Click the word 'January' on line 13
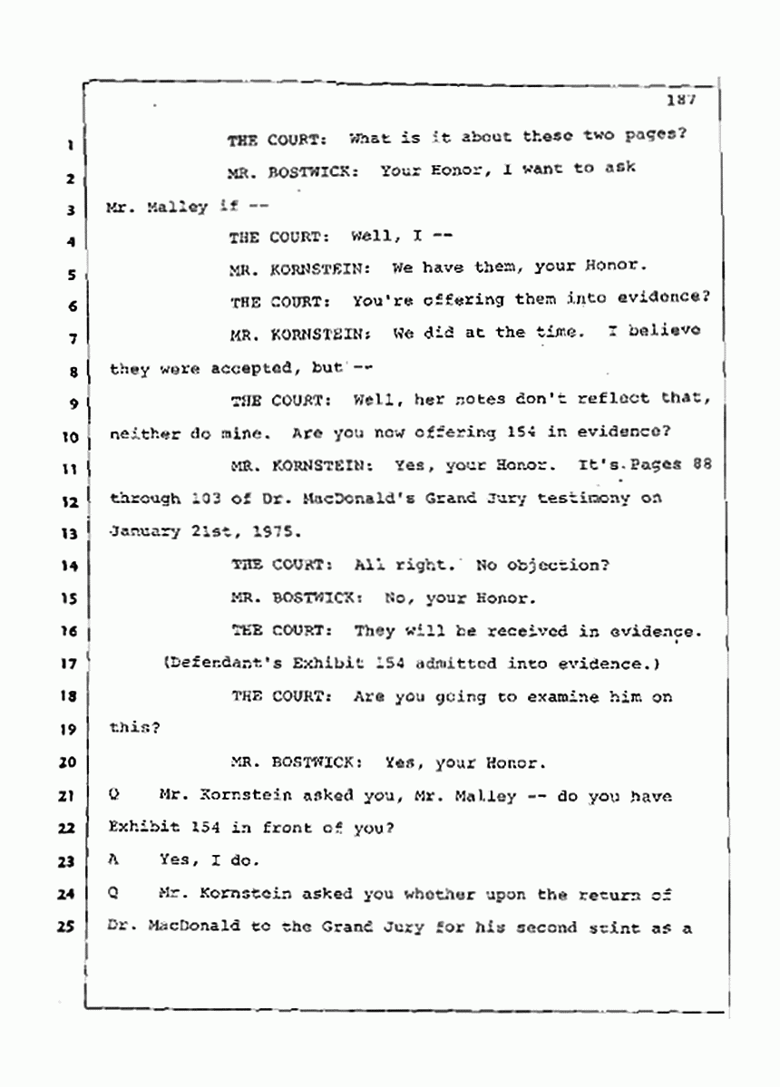[143, 531]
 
